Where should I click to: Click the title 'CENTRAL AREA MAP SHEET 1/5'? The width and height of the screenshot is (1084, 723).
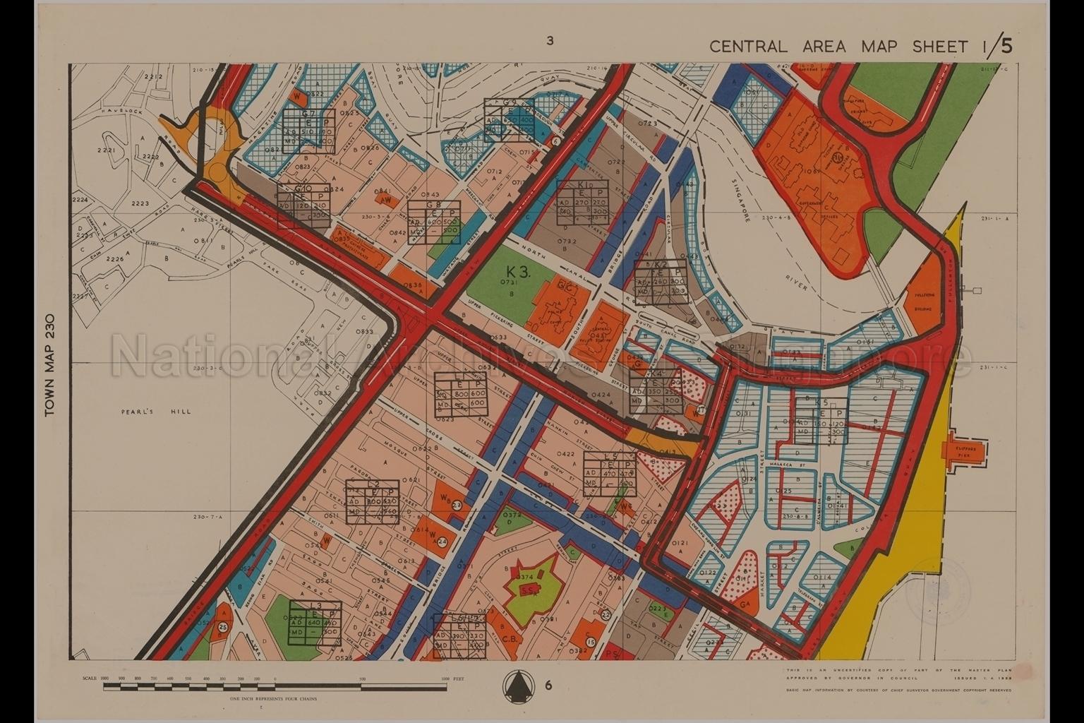tap(860, 47)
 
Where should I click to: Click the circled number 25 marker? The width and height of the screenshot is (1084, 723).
tap(223, 626)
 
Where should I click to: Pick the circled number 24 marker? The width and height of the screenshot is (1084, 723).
tap(442, 542)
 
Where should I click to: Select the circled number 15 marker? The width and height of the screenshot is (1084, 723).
tap(591, 642)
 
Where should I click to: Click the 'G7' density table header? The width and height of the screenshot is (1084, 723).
tap(308, 114)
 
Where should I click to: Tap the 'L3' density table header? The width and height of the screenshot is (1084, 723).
tap(315, 607)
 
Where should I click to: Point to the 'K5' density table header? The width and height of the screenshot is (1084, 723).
tap(821, 402)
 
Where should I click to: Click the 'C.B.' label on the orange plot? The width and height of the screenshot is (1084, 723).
tap(510, 640)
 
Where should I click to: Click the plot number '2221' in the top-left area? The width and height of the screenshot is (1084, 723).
tap(106, 150)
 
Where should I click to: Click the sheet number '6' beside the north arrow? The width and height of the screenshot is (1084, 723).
tap(548, 685)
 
